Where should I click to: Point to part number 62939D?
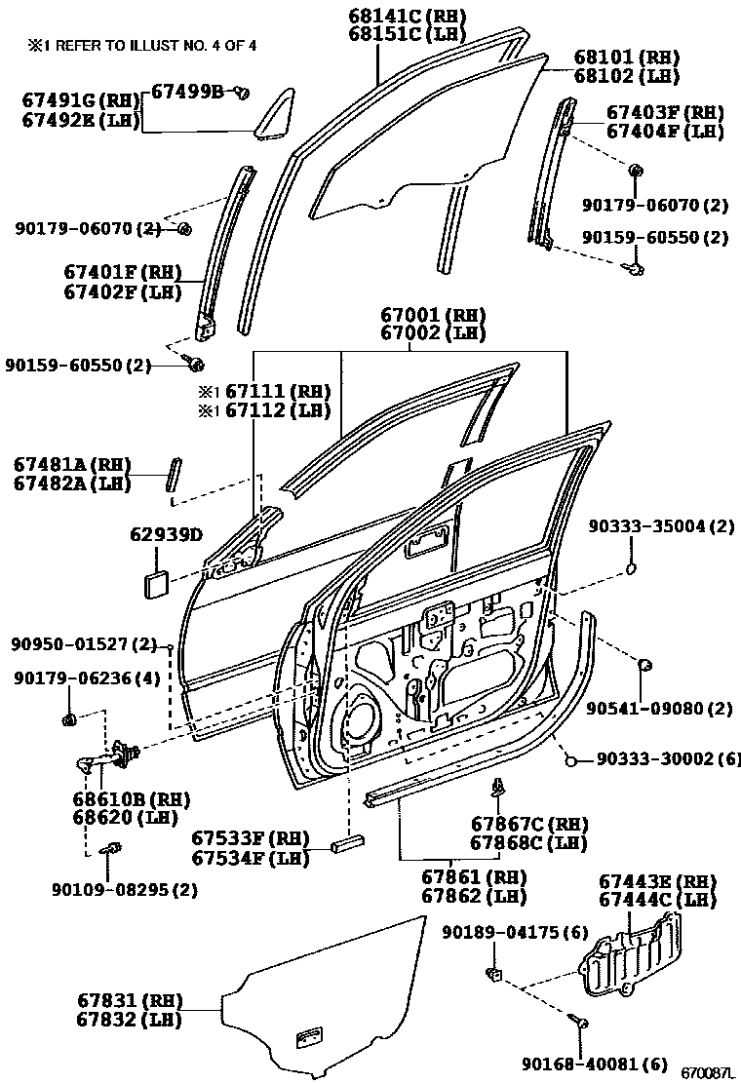[166, 534]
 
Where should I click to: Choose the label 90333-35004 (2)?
[660, 526]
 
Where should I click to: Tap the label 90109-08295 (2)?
[125, 889]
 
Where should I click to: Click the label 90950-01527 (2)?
[84, 644]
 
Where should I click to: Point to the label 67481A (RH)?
[73, 464]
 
